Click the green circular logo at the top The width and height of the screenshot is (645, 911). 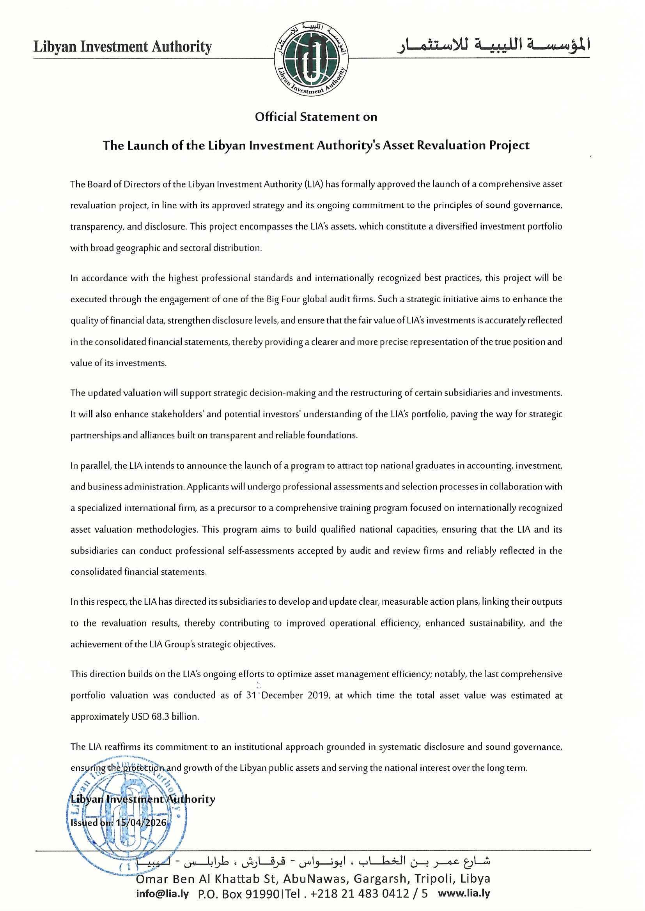point(310,59)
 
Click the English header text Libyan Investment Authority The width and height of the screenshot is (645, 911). point(122,47)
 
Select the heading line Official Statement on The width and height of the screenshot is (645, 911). point(316,117)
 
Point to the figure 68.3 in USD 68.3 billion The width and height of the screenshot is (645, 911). point(161,717)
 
